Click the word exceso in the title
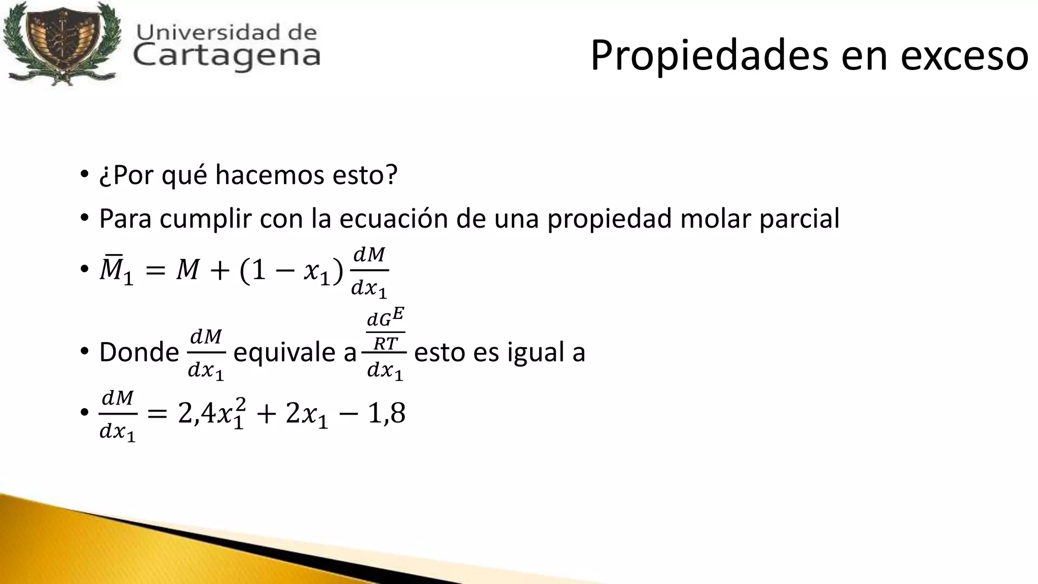point(965,56)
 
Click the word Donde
point(139,352)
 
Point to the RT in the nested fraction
point(385,344)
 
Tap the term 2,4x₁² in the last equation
point(213,414)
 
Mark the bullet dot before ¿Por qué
point(84,175)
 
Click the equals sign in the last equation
point(157,415)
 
